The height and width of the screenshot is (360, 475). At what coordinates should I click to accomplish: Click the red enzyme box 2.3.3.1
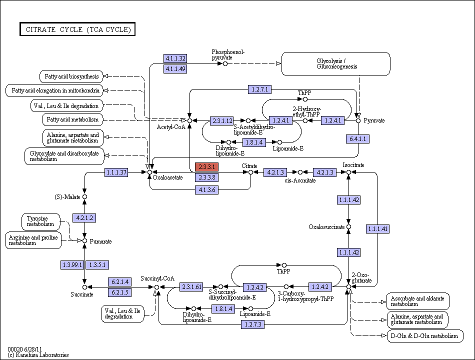[x=206, y=166]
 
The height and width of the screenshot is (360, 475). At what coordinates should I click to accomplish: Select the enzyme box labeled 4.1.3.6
[x=206, y=190]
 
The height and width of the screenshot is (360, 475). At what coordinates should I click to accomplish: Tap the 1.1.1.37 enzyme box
[x=116, y=172]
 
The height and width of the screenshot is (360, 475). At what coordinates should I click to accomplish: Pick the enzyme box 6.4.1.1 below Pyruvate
[x=358, y=139]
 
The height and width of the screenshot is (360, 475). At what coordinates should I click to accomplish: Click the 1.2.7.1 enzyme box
[x=259, y=89]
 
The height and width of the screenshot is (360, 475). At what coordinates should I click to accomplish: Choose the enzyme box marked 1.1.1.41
[x=377, y=229]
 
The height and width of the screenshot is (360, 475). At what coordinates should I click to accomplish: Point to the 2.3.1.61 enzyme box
[x=191, y=286]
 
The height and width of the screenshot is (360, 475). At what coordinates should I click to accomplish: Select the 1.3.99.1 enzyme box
[x=72, y=265]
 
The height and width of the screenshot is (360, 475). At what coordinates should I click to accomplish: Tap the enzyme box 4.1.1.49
[x=175, y=69]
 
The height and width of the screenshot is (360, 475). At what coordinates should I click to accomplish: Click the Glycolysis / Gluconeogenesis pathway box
[x=336, y=63]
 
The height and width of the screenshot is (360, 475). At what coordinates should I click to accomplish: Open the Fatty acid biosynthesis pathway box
[x=71, y=76]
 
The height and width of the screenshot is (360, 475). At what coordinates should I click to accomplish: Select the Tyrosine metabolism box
[x=41, y=221]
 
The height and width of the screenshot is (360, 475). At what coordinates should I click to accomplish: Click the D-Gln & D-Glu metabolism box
[x=425, y=336]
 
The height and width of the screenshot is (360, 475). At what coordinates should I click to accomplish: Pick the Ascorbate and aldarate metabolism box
[x=418, y=301]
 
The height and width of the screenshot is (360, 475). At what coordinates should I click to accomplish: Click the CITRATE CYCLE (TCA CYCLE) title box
[x=77, y=29]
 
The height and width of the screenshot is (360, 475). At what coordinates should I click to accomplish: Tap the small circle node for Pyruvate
[x=358, y=120]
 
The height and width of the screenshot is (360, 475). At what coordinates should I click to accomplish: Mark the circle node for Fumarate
[x=85, y=241]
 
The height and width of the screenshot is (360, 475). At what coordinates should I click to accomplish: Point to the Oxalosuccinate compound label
[x=326, y=227]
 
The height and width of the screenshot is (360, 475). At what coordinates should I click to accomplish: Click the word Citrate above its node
[x=249, y=166]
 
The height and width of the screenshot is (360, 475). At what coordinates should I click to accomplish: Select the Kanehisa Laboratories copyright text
[x=38, y=355]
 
